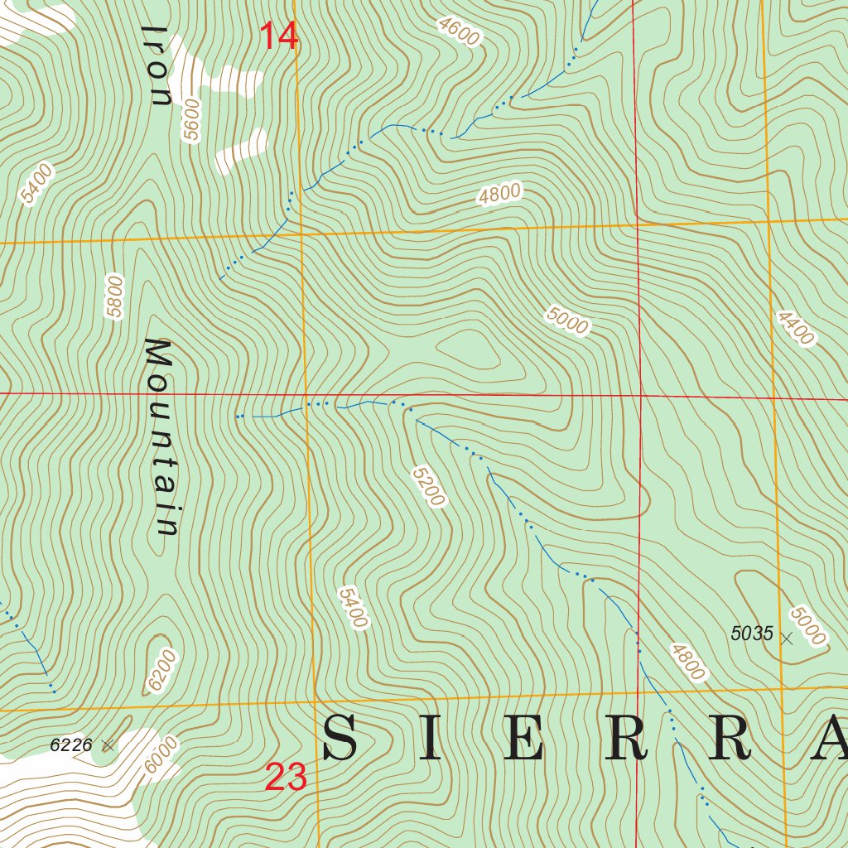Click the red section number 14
278,36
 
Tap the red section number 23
286,778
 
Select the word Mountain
161,436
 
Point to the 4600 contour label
460,31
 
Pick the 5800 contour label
114,296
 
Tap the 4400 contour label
795,328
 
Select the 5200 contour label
428,485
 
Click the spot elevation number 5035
751,634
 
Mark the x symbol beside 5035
787,638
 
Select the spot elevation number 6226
70,744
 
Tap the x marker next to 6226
108,745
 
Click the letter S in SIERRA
340,739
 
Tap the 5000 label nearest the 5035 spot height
807,625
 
